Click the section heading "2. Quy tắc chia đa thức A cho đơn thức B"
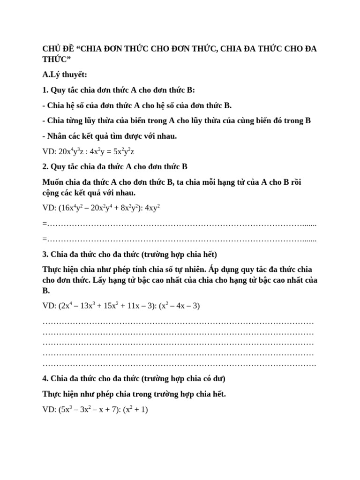pos(115,166)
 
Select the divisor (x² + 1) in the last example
pos(135,410)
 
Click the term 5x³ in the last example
pos(67,410)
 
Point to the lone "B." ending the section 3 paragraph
pos(46,290)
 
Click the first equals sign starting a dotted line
pos(44,225)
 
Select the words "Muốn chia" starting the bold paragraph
pos(60,182)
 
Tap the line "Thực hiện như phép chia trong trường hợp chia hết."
pos(134,394)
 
